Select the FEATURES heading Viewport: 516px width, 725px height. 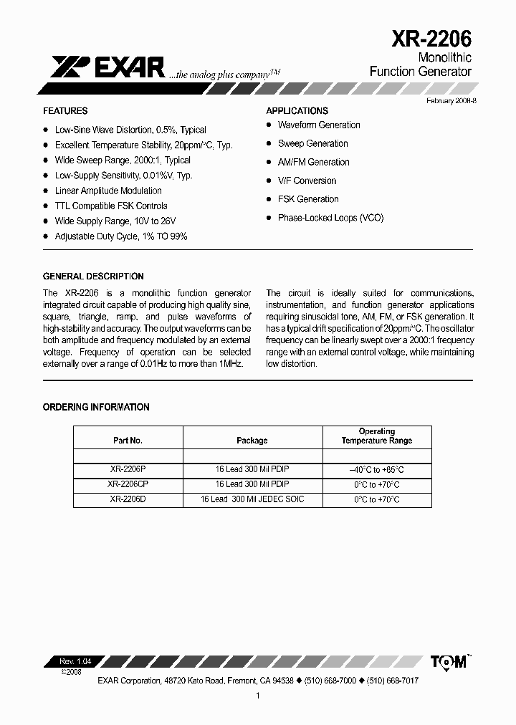tap(65, 111)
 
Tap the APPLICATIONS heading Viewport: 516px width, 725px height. tap(297, 111)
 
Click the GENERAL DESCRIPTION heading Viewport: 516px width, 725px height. tap(93, 276)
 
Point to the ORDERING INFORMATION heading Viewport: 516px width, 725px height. tap(96, 407)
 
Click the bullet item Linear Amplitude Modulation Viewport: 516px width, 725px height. tap(108, 191)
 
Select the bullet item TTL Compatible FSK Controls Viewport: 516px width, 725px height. tap(111, 206)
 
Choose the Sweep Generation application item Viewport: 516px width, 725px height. tap(312, 143)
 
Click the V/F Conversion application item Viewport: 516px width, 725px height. tap(307, 181)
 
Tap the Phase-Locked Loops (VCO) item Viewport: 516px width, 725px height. tap(330, 218)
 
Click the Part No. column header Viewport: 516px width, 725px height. tap(128, 441)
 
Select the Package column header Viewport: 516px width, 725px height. tap(252, 441)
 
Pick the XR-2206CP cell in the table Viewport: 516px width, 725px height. tap(128, 484)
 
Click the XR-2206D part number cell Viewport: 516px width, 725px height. tap(128, 499)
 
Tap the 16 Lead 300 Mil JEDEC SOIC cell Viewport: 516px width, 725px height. tap(252, 499)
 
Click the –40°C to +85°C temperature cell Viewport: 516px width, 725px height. tap(377, 470)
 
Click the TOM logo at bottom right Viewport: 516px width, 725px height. tap(449, 662)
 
